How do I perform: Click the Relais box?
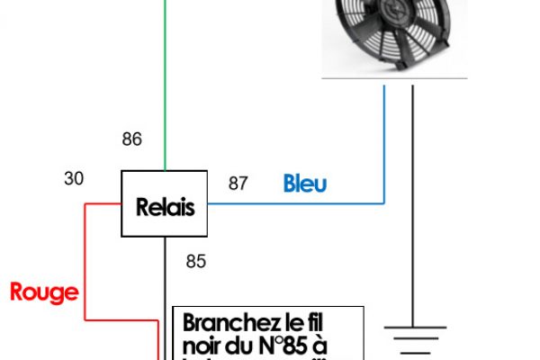tap(165, 204)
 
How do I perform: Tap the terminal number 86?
tap(132, 139)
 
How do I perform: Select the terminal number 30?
tap(74, 178)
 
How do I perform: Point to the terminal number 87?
tap(238, 184)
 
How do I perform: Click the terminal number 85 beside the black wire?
tap(195, 262)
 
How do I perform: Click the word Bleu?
tap(305, 184)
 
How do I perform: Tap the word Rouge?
tap(44, 292)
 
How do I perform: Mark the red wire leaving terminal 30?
tap(85, 261)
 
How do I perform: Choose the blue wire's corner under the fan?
tap(384, 203)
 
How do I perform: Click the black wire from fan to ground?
tap(414, 198)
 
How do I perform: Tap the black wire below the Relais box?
tap(166, 270)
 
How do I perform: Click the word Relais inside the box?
tap(165, 208)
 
